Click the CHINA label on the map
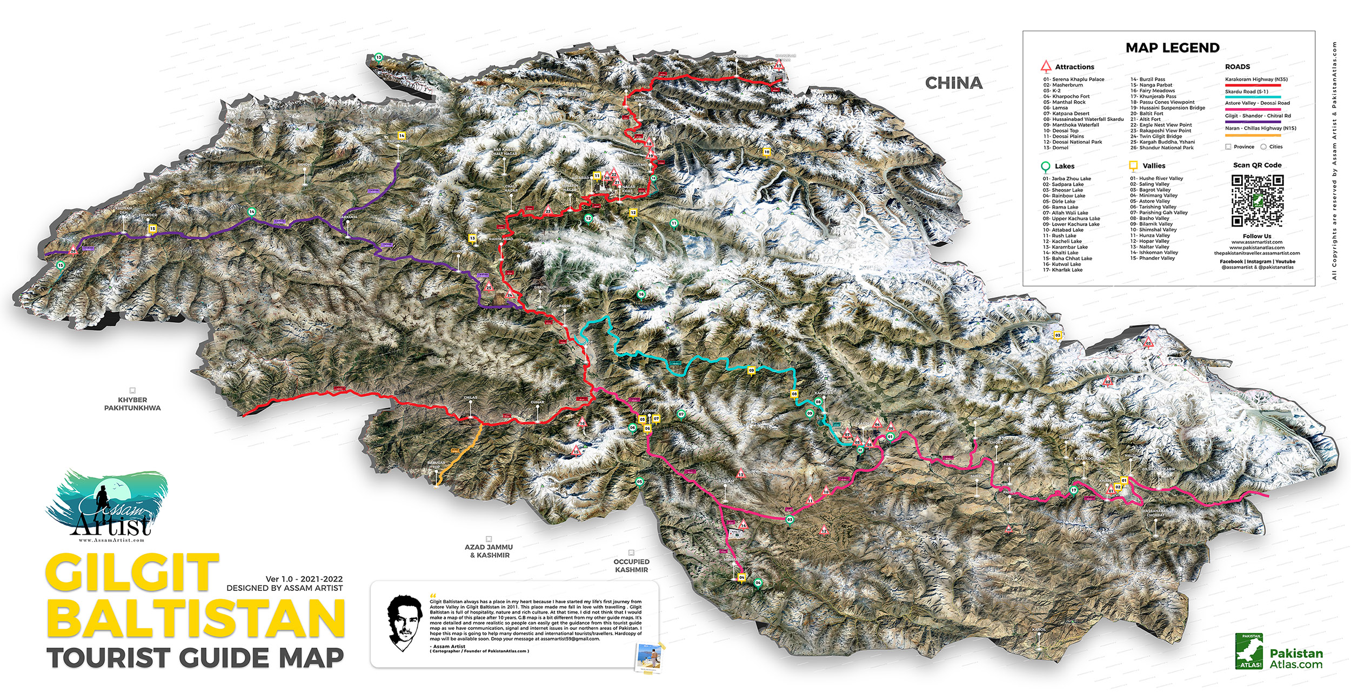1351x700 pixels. coord(953,83)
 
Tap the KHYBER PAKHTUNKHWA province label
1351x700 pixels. coord(132,403)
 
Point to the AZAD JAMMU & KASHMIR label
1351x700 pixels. coord(489,551)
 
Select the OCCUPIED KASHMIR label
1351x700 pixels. coord(631,566)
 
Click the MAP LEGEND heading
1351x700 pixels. coord(1172,48)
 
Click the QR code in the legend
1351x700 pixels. coord(1257,200)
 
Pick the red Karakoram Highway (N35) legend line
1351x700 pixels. coord(1253,85)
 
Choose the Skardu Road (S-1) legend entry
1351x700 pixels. coord(1246,92)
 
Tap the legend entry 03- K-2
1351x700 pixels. coord(1052,91)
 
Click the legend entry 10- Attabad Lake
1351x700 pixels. coord(1063,230)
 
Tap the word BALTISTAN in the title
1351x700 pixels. coord(196,620)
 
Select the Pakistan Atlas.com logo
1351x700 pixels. coord(1279,652)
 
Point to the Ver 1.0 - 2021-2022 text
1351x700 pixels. coord(304,579)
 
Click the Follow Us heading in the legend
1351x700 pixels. coord(1256,236)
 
